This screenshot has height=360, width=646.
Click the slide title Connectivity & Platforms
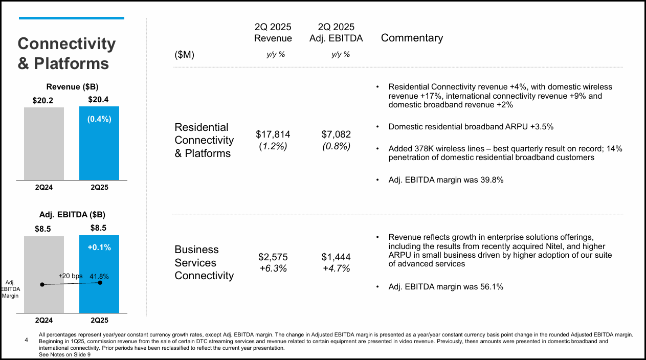pyautogui.click(x=66, y=54)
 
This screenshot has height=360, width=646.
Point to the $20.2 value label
pyautogui.click(x=43, y=100)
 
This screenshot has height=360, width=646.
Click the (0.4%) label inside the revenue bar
pyautogui.click(x=99, y=119)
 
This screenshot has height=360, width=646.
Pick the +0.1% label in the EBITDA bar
pyautogui.click(x=99, y=247)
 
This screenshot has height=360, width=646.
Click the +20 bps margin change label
pyautogui.click(x=70, y=276)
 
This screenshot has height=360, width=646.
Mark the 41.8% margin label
pyautogui.click(x=99, y=276)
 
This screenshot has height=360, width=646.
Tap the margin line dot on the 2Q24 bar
pyautogui.click(x=42, y=285)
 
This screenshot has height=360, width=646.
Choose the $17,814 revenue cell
pyautogui.click(x=273, y=134)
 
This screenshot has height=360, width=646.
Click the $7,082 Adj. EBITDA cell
pyautogui.click(x=336, y=134)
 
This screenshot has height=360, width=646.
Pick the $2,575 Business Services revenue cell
pyautogui.click(x=273, y=257)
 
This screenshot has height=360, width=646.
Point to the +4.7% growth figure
pyautogui.click(x=336, y=268)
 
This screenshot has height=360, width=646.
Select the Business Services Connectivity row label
pyautogui.click(x=204, y=262)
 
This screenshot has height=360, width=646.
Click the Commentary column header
pyautogui.click(x=412, y=38)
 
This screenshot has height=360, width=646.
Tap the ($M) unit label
pyautogui.click(x=185, y=55)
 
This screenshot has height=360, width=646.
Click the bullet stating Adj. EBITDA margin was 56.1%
pyautogui.click(x=445, y=287)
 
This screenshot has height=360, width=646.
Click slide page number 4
pyautogui.click(x=26, y=340)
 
